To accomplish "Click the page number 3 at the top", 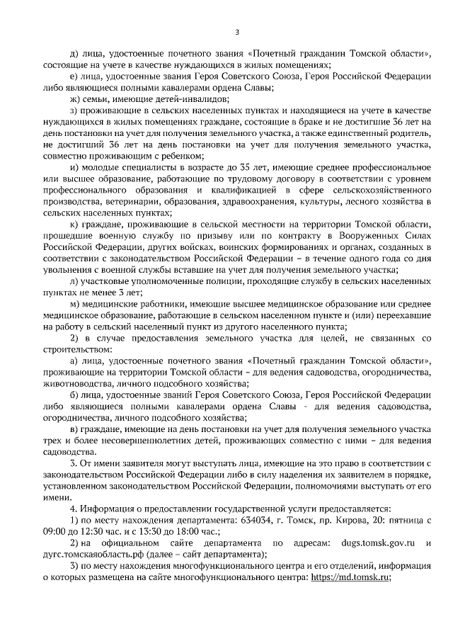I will tap(237, 32).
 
